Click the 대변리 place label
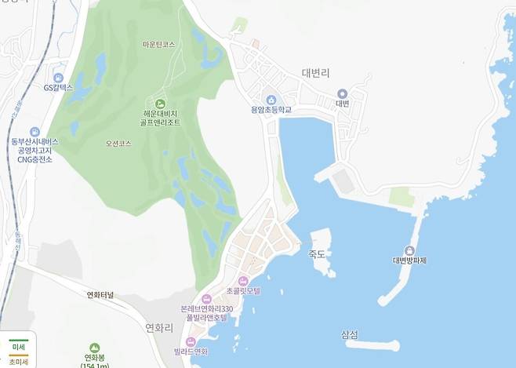click(318, 73)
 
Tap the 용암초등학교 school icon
click(271, 100)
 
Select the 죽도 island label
click(317, 253)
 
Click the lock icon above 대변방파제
click(409, 250)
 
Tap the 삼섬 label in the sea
click(351, 335)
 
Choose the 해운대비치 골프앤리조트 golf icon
click(161, 104)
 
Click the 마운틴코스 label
click(159, 45)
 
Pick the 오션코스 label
click(118, 144)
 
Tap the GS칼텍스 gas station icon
click(58, 77)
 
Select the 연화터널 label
click(100, 295)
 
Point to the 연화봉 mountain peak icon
click(94, 348)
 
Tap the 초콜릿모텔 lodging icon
click(243, 280)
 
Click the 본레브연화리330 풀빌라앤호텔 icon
click(206, 299)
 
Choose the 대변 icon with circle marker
click(342, 93)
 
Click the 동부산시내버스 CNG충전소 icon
click(35, 132)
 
